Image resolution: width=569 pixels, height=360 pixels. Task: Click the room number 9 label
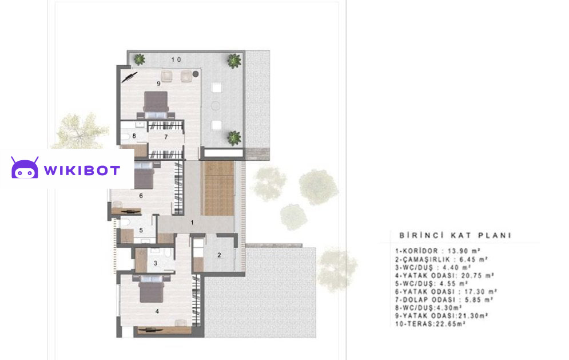point(158,84)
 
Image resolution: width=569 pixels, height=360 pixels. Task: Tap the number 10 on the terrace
point(176,60)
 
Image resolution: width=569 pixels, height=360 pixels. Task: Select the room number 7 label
point(166,137)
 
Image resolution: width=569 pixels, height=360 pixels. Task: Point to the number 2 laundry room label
point(219,255)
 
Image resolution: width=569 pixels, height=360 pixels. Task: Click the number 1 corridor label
point(192,222)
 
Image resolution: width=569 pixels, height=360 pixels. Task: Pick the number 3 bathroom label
point(156,263)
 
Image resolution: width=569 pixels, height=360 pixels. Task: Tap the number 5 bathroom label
point(141,230)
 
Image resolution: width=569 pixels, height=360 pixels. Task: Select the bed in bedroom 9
point(156,105)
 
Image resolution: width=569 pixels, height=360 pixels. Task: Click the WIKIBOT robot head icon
point(25,168)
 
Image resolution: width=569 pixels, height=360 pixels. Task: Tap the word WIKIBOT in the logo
point(82,170)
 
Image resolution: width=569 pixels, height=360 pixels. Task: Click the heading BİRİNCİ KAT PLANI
point(455,235)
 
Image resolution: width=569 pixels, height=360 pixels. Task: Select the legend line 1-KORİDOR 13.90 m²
point(438,251)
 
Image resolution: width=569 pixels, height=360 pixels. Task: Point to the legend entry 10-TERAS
point(431,324)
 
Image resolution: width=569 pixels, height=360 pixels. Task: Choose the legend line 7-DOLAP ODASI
point(444,300)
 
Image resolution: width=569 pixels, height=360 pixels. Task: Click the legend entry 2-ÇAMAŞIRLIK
point(441,259)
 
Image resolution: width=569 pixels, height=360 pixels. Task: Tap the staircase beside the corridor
point(219,188)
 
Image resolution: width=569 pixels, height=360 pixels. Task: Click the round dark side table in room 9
point(195,74)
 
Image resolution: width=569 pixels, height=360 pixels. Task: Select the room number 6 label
point(141,196)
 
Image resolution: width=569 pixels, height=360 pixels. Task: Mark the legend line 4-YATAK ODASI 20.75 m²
point(445,276)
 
